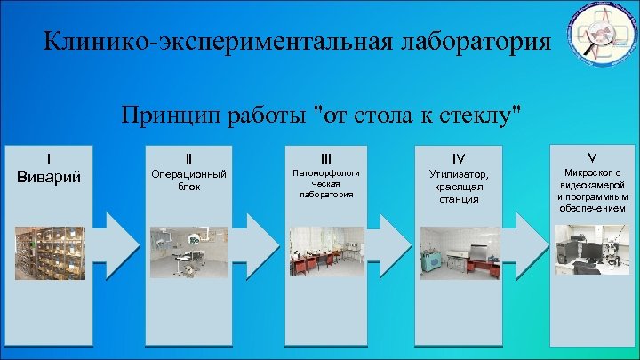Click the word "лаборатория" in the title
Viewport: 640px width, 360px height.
pos(462,43)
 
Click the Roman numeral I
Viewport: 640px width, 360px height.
pos(49,160)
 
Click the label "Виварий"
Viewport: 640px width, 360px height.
pos(49,175)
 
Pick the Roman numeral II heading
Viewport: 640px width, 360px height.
pos(188,160)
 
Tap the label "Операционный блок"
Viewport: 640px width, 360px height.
pos(188,180)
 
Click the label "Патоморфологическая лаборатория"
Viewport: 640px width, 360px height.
pos(326,182)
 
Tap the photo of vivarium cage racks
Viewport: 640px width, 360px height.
pos(50,253)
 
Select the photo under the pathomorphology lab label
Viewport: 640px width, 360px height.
pos(326,252)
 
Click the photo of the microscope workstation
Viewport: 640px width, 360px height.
pos(590,249)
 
